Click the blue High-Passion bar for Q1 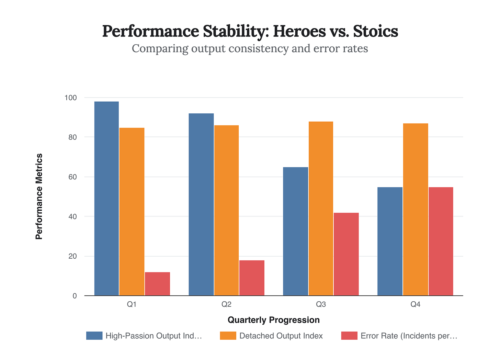(106, 199)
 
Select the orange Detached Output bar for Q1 (132, 212)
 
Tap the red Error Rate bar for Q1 (157, 284)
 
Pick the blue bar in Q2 (201, 204)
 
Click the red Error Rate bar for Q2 (252, 278)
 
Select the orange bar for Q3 (321, 209)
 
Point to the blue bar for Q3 (295, 231)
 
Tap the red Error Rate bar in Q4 (441, 241)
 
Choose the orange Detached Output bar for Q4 (416, 210)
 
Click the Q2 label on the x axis (226, 304)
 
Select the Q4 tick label (416, 304)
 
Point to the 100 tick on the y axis (70, 98)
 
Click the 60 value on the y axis (72, 177)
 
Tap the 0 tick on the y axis (75, 296)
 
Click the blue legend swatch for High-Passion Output (94, 336)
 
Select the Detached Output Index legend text (281, 336)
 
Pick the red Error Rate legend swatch (349, 336)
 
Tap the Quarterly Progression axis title (274, 320)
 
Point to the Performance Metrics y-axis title (39, 196)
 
